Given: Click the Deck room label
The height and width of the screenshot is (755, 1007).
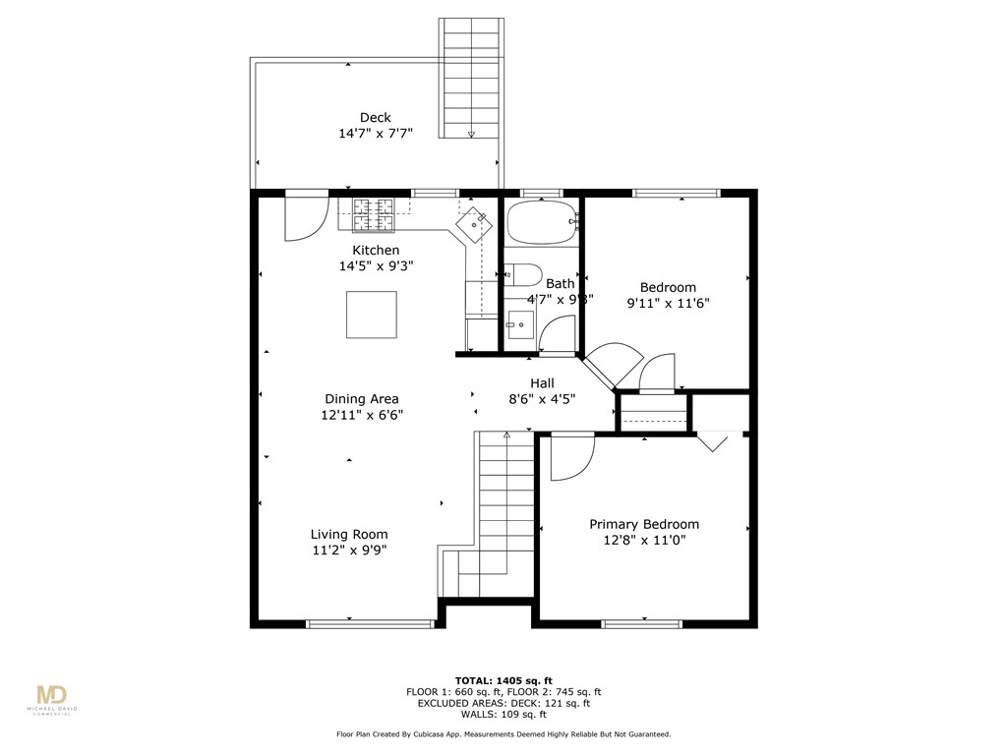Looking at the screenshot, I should (x=375, y=118).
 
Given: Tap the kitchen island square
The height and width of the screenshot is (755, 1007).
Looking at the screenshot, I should (x=372, y=315).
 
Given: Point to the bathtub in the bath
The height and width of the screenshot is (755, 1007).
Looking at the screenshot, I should (x=541, y=223).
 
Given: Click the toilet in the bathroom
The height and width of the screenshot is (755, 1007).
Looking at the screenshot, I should (x=522, y=275).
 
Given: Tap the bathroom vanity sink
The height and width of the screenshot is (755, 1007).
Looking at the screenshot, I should (x=517, y=323).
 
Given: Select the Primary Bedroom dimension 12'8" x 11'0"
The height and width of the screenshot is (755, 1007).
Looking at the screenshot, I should (x=644, y=540).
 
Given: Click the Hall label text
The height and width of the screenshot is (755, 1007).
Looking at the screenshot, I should (x=542, y=383).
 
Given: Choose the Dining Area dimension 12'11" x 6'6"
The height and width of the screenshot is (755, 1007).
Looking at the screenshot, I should (x=362, y=415).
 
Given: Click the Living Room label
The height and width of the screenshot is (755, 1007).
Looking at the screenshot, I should (x=349, y=535).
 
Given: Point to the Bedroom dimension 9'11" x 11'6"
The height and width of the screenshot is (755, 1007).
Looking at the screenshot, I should (x=668, y=304).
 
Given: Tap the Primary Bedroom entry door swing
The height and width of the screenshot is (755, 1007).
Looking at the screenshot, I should (x=570, y=457).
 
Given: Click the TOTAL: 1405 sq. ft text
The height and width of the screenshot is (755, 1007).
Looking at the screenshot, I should (x=503, y=680).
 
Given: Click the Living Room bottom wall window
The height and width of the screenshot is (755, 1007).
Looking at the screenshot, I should (x=370, y=623).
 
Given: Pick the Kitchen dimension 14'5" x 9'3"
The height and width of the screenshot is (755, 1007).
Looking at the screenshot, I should (x=377, y=265).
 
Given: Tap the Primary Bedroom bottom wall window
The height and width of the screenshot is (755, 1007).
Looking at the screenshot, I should (x=641, y=623).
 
